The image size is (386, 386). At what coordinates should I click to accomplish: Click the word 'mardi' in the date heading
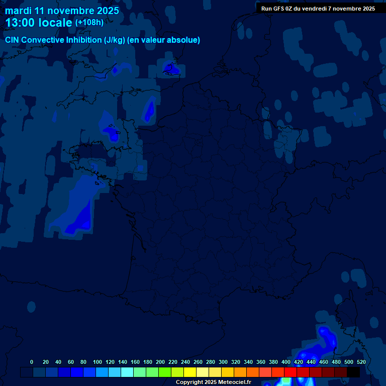18,11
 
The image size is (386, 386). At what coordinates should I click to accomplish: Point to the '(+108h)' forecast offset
89,23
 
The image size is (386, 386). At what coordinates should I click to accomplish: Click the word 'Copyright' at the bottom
189,382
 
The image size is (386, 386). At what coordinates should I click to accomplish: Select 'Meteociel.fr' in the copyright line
234,382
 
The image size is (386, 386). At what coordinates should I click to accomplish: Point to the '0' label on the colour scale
32,362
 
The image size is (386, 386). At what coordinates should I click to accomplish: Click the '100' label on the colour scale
97,362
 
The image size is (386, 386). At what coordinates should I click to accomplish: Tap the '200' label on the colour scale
160,362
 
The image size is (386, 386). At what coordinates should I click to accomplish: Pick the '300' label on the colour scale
223,362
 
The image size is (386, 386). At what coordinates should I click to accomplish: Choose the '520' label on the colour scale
361,362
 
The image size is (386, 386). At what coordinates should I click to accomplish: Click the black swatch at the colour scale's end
353,372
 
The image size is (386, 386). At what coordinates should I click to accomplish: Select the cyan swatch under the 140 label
127,372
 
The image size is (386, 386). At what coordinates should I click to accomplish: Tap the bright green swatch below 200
165,372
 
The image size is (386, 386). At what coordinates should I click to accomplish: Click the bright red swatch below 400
291,372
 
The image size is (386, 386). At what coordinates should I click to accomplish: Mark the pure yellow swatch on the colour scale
190,372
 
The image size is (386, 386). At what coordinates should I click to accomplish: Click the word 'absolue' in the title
185,40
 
